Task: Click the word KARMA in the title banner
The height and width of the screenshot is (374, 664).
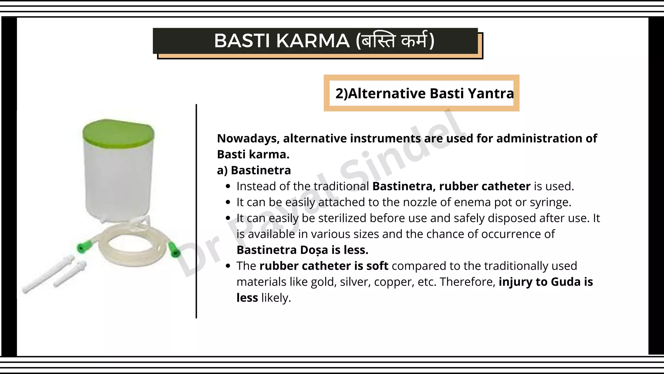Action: [x=313, y=41]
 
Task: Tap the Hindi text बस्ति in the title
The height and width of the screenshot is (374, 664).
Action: [x=378, y=41]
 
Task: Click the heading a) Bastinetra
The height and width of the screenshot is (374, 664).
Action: [x=254, y=170]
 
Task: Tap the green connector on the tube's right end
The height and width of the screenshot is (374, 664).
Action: [x=174, y=249]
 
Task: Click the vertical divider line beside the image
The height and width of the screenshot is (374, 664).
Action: [x=196, y=211]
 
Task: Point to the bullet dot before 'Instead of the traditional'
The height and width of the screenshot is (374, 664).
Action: [x=228, y=186]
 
